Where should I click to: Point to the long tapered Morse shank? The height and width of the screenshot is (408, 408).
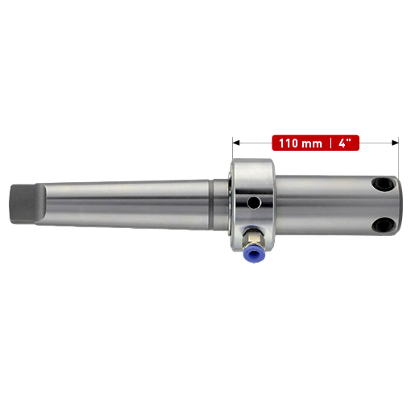pyautogui.click(x=122, y=203)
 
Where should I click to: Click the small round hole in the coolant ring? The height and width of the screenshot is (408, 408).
pyautogui.click(x=254, y=201)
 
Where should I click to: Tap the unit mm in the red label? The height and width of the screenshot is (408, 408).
pyautogui.click(x=312, y=144)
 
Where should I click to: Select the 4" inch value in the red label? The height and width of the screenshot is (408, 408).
pyautogui.click(x=345, y=143)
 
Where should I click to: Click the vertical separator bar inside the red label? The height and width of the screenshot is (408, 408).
pyautogui.click(x=330, y=143)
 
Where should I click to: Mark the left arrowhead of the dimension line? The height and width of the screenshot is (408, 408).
pyautogui.click(x=235, y=142)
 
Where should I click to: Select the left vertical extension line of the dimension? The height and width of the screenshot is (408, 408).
pyautogui.click(x=233, y=151)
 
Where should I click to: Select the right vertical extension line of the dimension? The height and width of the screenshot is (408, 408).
pyautogui.click(x=398, y=159)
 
